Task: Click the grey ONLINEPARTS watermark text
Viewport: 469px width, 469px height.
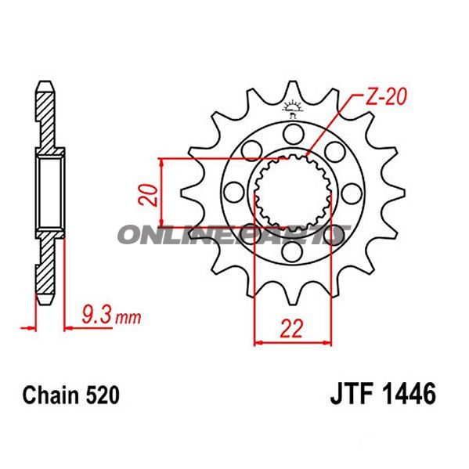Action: pyautogui.click(x=232, y=235)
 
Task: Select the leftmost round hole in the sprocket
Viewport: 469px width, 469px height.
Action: pyautogui.click(x=232, y=191)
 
